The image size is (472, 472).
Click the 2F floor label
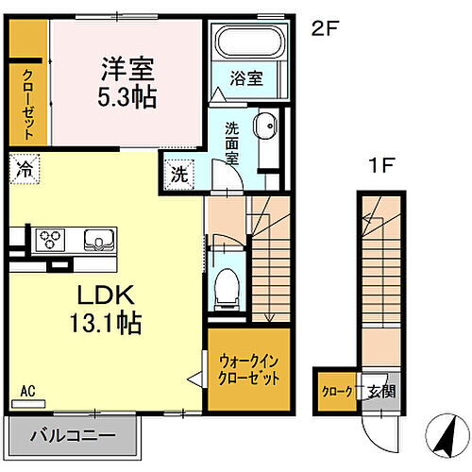(325, 27)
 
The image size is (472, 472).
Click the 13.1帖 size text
(107, 325)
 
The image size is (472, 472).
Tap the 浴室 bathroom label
(247, 79)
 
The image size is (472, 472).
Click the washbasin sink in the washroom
(267, 126)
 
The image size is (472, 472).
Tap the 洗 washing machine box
(178, 175)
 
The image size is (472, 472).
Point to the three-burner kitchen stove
(51, 239)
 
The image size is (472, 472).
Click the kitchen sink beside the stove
(98, 239)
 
